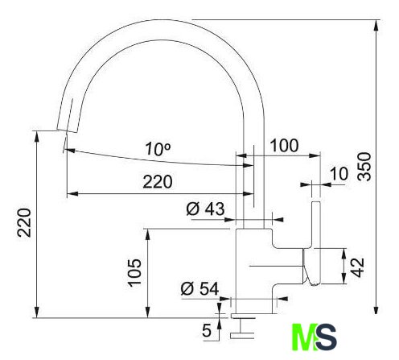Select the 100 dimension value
click(x=284, y=145)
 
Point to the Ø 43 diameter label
click(x=205, y=209)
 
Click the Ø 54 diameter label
click(x=199, y=288)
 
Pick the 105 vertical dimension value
click(x=134, y=272)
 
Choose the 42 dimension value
click(x=358, y=267)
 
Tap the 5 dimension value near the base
click(x=207, y=330)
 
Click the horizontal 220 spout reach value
click(x=158, y=182)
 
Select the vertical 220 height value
click(x=24, y=222)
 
